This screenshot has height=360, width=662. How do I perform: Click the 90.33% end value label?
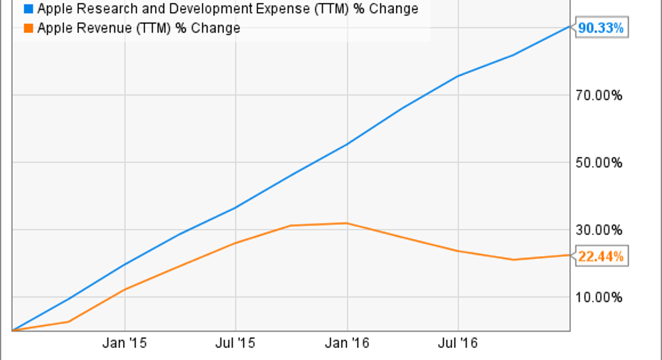601,28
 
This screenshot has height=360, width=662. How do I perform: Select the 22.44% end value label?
601,256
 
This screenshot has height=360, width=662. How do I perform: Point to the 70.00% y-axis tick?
598,95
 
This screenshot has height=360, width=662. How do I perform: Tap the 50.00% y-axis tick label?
598,162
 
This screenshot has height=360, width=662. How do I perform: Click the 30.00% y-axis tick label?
598,230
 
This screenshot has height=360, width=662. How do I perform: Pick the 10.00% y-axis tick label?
598,297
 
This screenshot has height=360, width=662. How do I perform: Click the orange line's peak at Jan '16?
347,223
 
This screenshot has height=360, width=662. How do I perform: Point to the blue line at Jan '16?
347,144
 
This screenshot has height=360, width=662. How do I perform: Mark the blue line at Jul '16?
458,76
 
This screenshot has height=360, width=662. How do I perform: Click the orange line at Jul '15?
235,243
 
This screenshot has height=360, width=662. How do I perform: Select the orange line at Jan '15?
124,290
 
